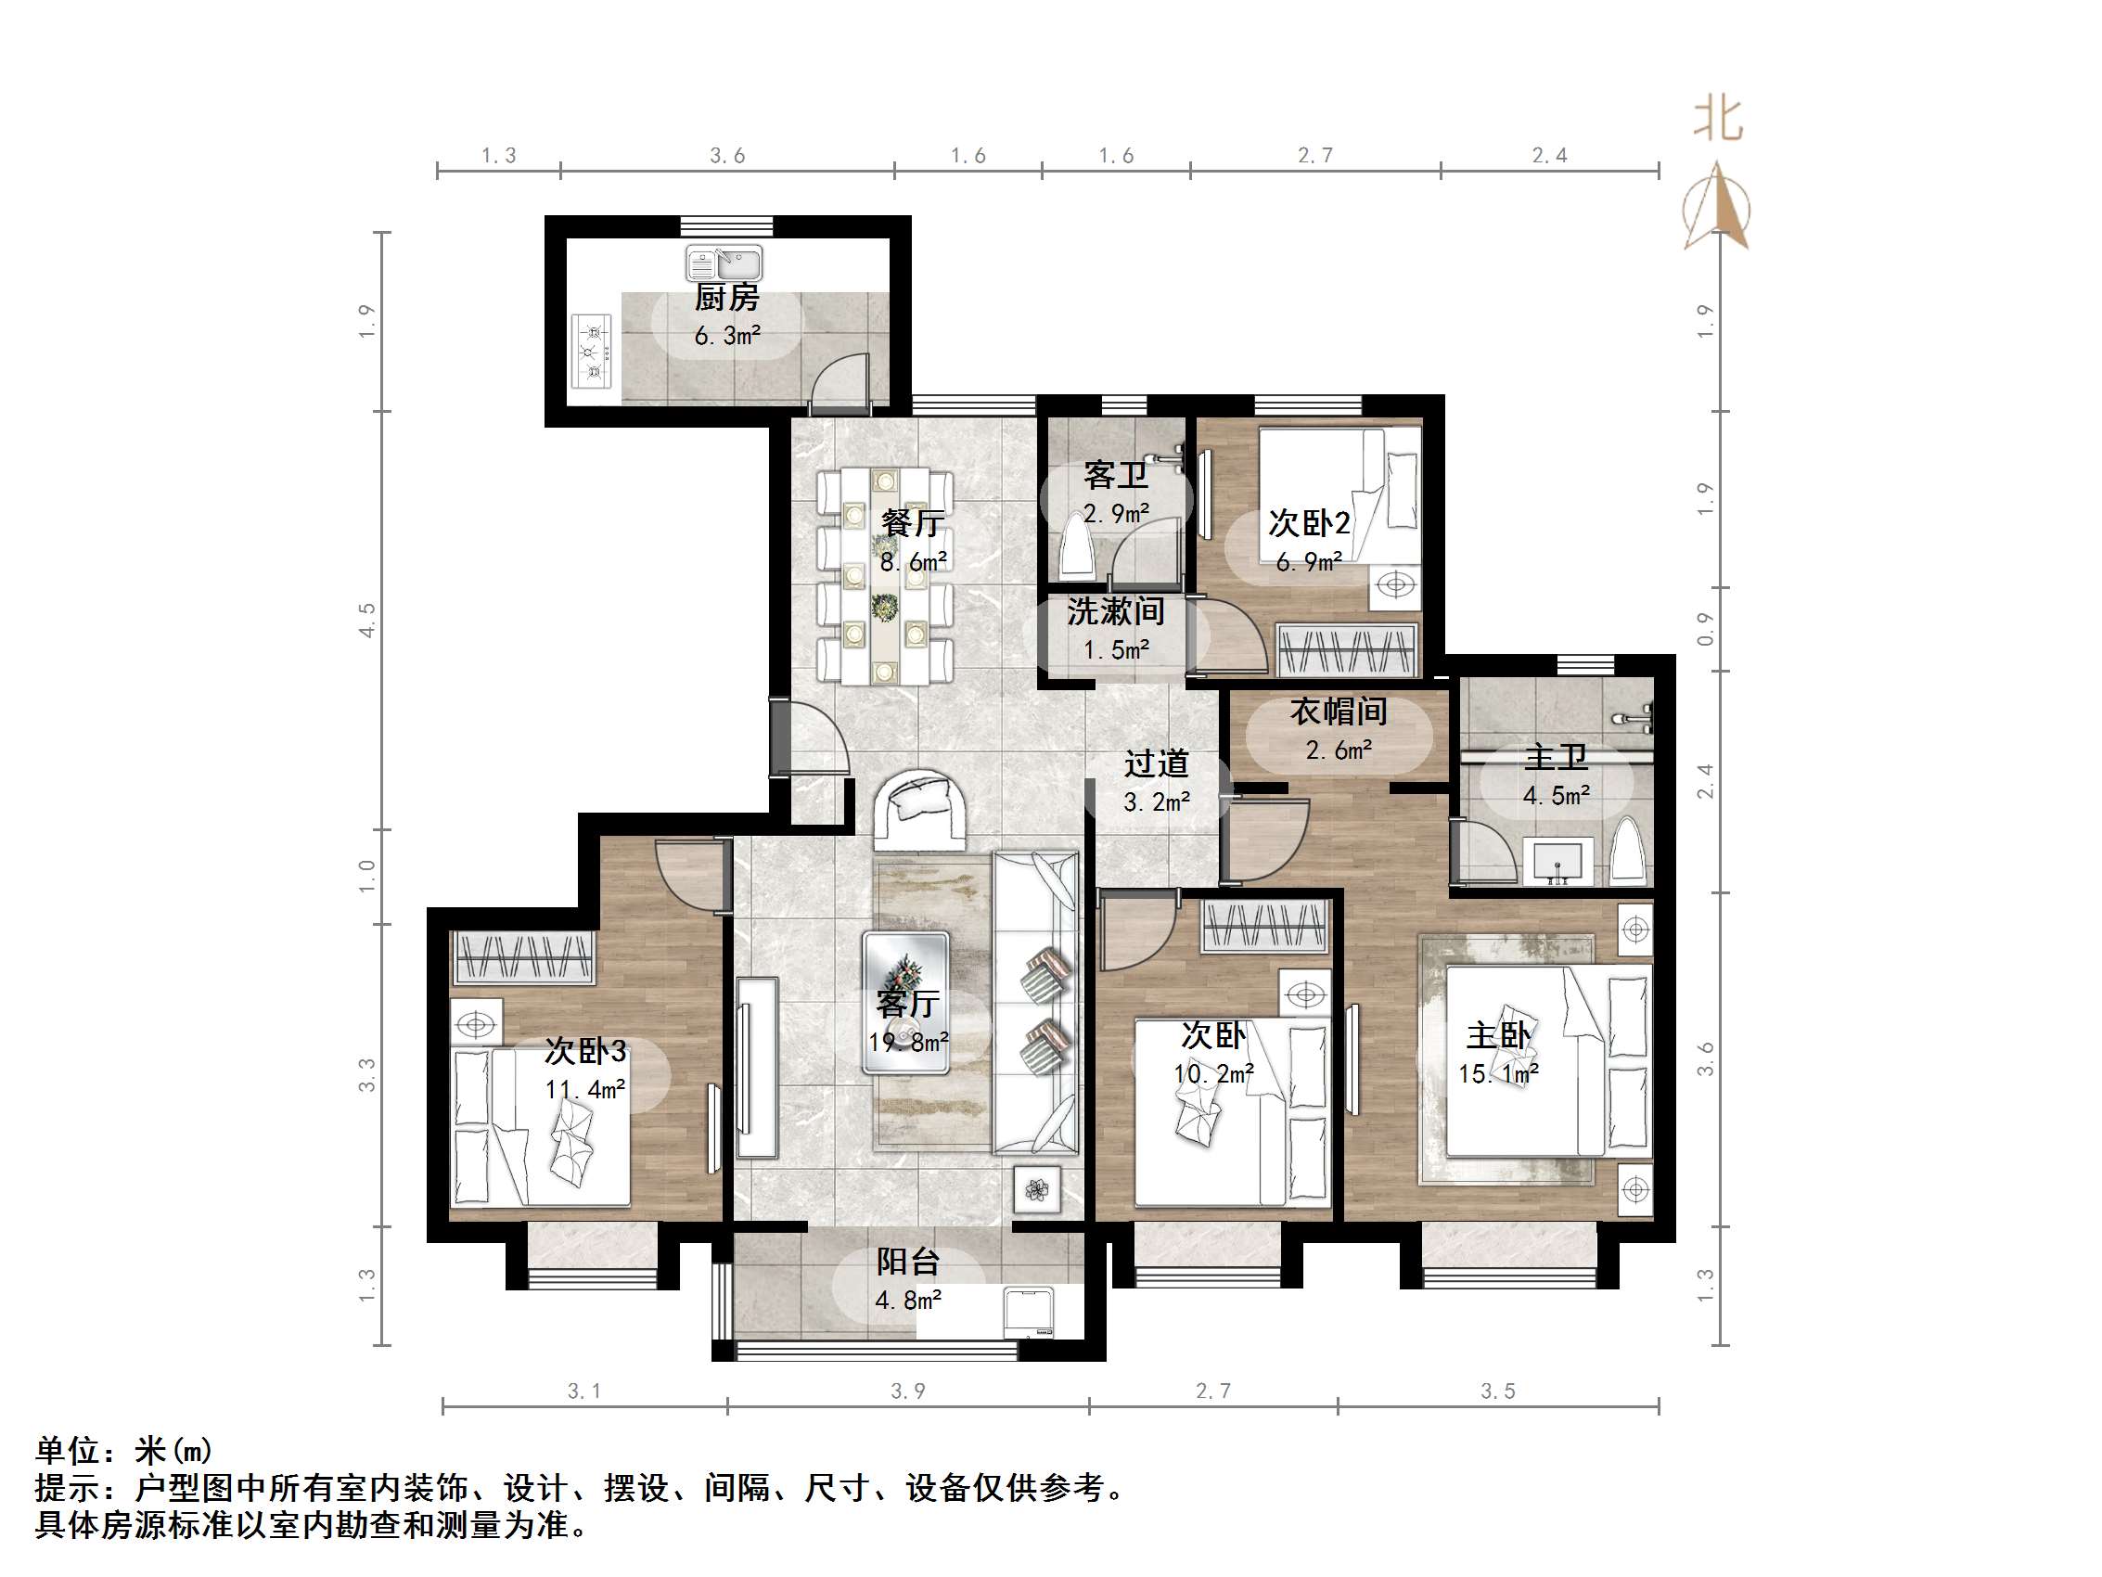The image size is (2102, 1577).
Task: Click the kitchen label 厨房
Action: [x=726, y=299]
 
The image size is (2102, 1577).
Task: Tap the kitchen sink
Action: [x=724, y=263]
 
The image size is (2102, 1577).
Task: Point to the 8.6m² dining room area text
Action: [x=912, y=562]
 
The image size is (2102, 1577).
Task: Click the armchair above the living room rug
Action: [x=920, y=809]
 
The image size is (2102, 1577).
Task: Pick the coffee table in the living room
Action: [x=904, y=1002]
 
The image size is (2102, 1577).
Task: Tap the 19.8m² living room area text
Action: [x=907, y=1043]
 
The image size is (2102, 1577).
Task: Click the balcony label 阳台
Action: [x=907, y=1262]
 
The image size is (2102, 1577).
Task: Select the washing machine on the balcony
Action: [x=1031, y=1312]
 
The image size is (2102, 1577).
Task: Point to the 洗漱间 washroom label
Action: [x=1116, y=611]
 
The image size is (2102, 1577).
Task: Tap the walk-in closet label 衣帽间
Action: [x=1338, y=711]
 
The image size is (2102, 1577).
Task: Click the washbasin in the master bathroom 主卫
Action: [x=1558, y=861]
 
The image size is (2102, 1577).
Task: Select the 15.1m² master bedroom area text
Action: [x=1498, y=1074]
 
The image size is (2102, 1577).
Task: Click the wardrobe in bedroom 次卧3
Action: [x=523, y=956]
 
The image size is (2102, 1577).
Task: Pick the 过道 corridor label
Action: [x=1156, y=763]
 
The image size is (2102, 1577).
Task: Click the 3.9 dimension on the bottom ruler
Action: [x=907, y=1391]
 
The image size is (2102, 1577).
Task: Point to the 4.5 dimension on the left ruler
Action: [x=366, y=620]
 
